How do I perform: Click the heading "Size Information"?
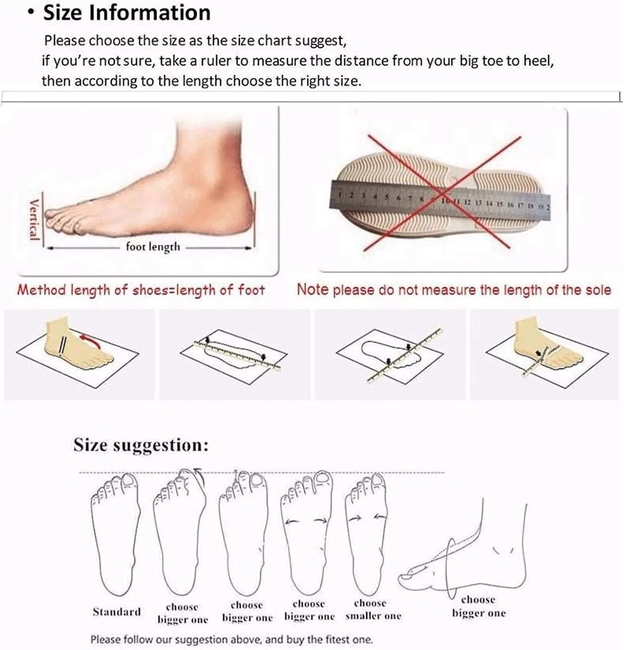click(x=127, y=13)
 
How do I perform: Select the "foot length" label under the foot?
click(x=153, y=247)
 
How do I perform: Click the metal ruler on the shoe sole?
click(x=440, y=199)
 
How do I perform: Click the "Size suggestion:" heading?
click(x=141, y=445)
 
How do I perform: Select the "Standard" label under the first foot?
click(x=117, y=611)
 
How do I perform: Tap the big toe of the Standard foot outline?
click(x=128, y=481)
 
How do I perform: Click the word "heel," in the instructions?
click(x=539, y=61)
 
